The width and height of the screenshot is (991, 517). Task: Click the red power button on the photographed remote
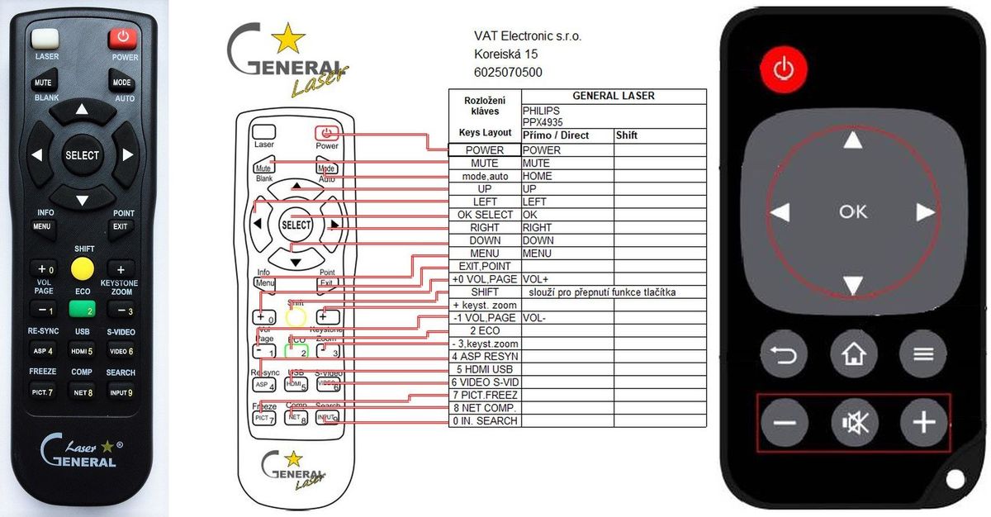(122, 38)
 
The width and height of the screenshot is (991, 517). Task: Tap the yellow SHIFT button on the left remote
(82, 268)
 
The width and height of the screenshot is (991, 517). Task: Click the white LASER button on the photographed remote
(46, 38)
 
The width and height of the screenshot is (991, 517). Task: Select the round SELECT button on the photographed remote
(82, 155)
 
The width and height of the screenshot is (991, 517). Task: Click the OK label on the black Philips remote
(853, 211)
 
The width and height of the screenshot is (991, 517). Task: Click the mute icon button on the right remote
(854, 423)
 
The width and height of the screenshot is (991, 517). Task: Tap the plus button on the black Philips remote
(922, 423)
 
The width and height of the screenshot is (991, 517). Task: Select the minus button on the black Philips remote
(785, 423)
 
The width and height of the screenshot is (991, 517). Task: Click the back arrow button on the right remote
(785, 354)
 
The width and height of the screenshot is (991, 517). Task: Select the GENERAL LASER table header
(613, 96)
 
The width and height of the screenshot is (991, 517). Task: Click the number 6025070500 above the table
(508, 73)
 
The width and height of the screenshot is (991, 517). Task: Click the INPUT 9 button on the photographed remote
(121, 392)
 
